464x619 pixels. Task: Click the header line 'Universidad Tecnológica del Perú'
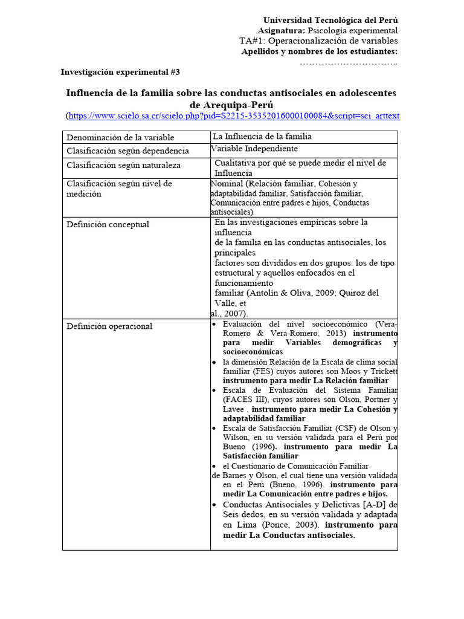click(330, 20)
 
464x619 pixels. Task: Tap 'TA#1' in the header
click(251, 41)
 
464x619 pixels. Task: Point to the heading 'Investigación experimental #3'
click(120, 72)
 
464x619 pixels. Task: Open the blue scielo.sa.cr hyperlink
click(234, 115)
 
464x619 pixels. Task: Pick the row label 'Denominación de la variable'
click(120, 137)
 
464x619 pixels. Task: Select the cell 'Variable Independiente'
click(254, 149)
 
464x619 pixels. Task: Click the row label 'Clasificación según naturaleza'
click(123, 165)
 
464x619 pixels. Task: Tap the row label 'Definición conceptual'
click(108, 224)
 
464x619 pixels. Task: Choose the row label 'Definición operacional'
click(109, 326)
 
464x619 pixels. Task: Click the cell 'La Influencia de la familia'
click(262, 137)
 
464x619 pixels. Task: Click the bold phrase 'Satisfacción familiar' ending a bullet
click(260, 456)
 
